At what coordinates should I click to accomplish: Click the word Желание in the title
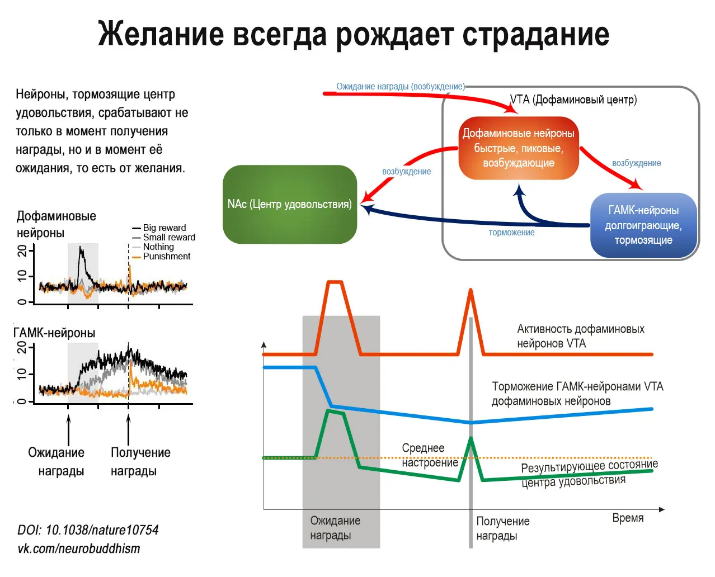pyautogui.click(x=161, y=34)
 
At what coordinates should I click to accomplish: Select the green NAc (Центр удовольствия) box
pyautogui.click(x=290, y=204)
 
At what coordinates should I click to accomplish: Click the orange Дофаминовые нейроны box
pyautogui.click(x=518, y=148)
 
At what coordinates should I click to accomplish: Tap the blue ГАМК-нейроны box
pyautogui.click(x=643, y=225)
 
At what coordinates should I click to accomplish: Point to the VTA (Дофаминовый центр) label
pyautogui.click(x=573, y=100)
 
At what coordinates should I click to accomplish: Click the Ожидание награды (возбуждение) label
pyautogui.click(x=400, y=87)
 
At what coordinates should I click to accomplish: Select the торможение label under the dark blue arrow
pyautogui.click(x=511, y=233)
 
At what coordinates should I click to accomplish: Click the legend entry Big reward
pyautogui.click(x=164, y=228)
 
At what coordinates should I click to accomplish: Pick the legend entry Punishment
pyautogui.click(x=166, y=256)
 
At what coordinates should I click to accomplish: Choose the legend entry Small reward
pyautogui.click(x=169, y=237)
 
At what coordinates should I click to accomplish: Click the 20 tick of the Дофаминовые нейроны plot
pyautogui.click(x=22, y=250)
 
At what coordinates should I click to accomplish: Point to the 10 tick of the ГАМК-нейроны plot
pyautogui.click(x=22, y=373)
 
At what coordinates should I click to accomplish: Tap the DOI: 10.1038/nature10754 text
pyautogui.click(x=88, y=529)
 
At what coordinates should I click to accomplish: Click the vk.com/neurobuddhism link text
pyautogui.click(x=79, y=548)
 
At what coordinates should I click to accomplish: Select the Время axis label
pyautogui.click(x=628, y=518)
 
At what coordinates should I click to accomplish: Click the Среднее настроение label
pyautogui.click(x=429, y=455)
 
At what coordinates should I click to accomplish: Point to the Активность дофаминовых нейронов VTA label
pyautogui.click(x=580, y=336)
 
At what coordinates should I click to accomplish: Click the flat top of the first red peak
pyautogui.click(x=334, y=282)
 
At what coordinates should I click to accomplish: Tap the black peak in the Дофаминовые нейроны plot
pyautogui.click(x=81, y=249)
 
